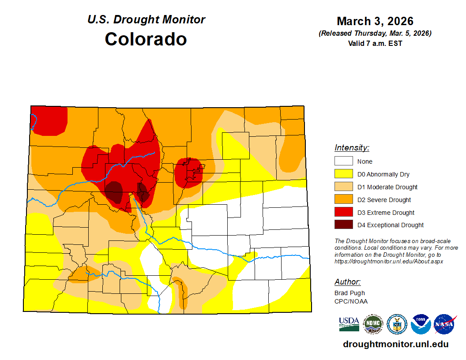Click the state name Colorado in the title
(146, 39)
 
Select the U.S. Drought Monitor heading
(146, 19)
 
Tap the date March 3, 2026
(375, 21)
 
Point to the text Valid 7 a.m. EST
(375, 43)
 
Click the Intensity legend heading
(352, 148)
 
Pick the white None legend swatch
(343, 161)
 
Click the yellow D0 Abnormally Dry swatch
(343, 174)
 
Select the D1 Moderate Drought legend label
(387, 187)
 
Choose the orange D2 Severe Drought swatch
(343, 200)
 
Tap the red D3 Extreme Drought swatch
(343, 212)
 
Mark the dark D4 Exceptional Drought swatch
(343, 225)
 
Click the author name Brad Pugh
(349, 293)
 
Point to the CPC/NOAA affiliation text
(351, 301)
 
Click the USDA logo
(349, 324)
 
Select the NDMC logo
(373, 324)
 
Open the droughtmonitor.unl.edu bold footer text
(395, 345)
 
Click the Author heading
(347, 282)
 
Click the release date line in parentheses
(375, 34)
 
